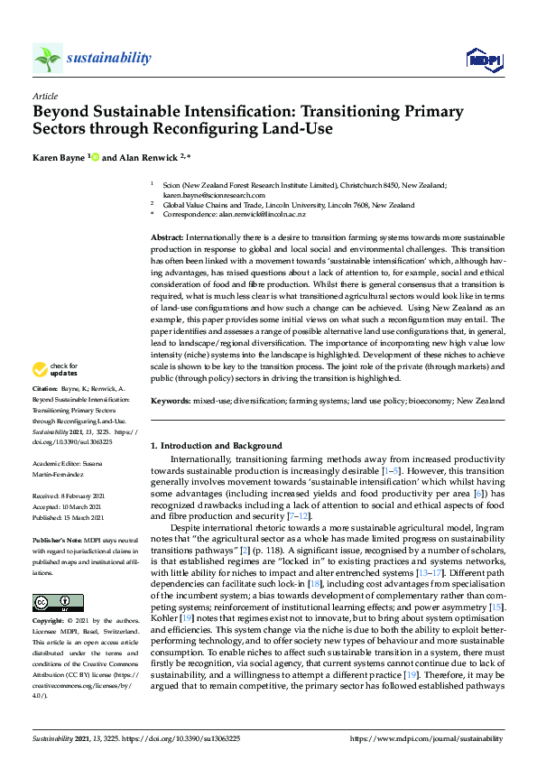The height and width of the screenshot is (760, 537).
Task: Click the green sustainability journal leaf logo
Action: [x=47, y=59]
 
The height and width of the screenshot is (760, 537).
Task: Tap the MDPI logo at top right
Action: [x=484, y=60]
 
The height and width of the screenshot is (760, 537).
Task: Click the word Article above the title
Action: [x=44, y=96]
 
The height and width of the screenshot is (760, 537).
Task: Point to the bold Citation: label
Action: [x=45, y=412]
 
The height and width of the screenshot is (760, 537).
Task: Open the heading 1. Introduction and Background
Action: [x=216, y=446]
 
